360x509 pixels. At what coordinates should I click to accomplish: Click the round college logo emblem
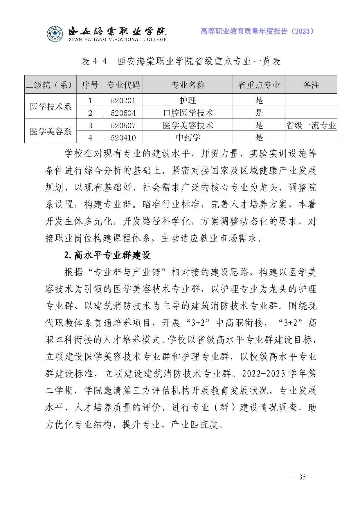55,34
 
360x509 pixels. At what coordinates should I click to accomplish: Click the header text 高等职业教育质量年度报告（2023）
257,31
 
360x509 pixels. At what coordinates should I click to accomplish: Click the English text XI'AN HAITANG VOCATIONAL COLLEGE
118,39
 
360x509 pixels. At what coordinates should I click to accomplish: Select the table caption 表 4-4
93,61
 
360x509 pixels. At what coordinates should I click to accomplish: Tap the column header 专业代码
123,85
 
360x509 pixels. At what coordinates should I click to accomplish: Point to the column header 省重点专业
259,85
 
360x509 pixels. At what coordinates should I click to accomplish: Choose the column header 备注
311,85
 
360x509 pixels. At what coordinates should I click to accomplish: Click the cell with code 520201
123,100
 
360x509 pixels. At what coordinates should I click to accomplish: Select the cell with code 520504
123,113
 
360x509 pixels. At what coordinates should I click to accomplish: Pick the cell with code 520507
123,125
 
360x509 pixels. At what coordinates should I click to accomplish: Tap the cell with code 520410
123,138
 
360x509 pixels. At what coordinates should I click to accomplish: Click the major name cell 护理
188,100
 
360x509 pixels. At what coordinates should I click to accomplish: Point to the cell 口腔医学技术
188,113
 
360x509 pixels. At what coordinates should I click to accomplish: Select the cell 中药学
188,138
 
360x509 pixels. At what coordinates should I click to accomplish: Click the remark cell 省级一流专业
311,125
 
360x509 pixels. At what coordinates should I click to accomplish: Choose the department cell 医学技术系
51,107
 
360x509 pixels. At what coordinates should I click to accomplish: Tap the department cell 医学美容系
51,131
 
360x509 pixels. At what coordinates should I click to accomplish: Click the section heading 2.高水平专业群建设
107,255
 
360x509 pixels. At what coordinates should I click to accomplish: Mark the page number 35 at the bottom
303,477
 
